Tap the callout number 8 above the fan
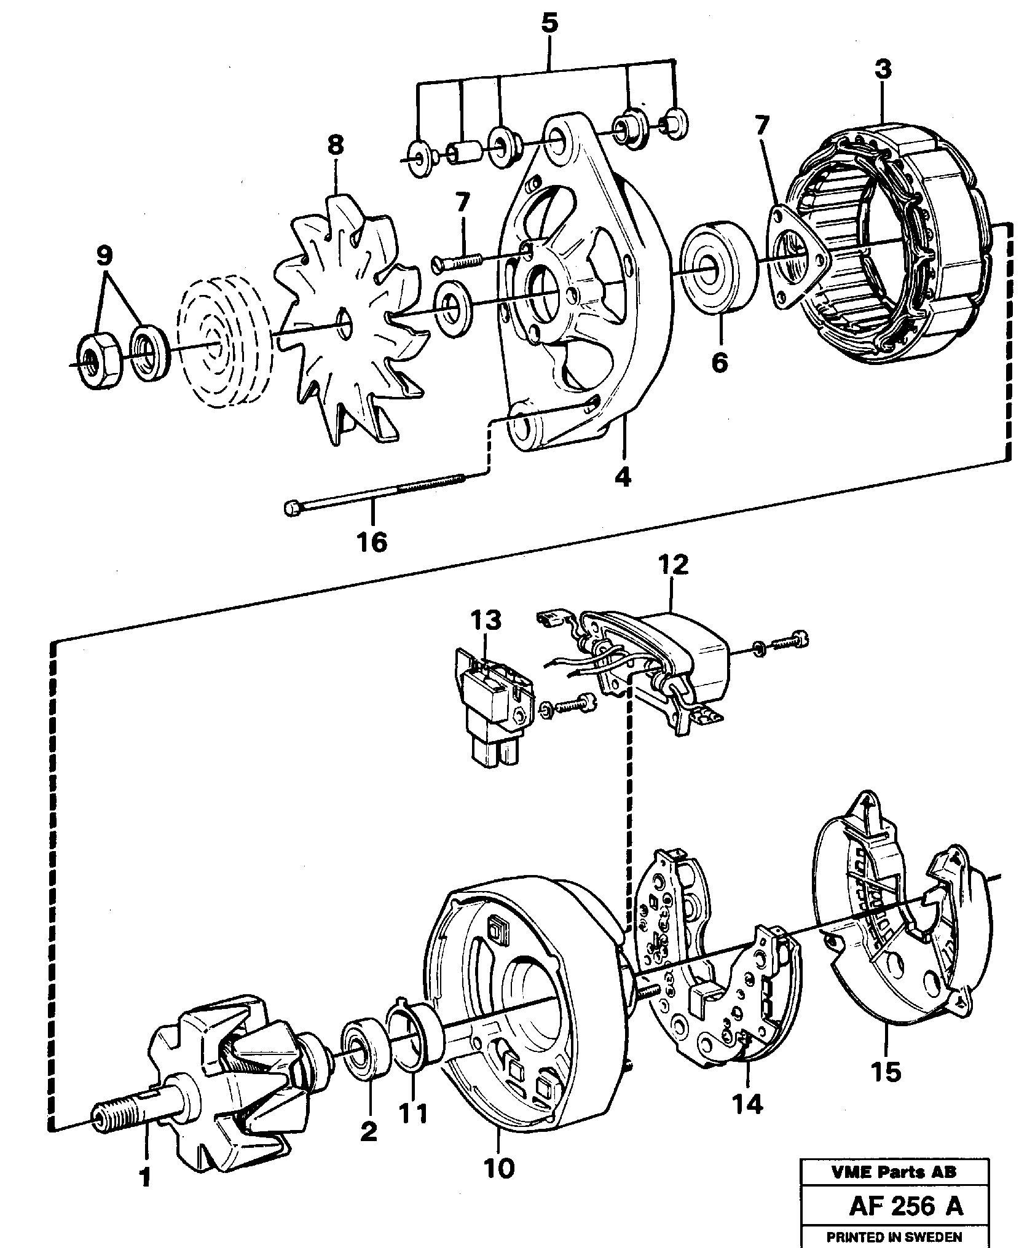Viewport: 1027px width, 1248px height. [x=336, y=146]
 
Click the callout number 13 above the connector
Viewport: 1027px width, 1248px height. [x=486, y=620]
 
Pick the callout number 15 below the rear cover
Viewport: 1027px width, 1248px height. [x=885, y=1072]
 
